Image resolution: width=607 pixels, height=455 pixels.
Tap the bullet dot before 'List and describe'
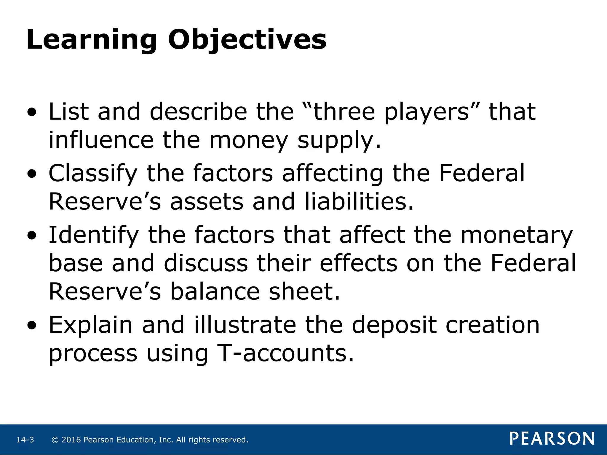(x=32, y=113)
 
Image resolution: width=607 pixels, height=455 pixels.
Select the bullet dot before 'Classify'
(x=32, y=174)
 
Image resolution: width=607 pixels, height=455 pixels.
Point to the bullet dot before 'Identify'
(x=32, y=236)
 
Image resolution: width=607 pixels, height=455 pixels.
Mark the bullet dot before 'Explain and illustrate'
(x=32, y=326)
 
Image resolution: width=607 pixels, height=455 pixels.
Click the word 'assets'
(x=207, y=202)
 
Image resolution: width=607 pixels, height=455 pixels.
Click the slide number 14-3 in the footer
(x=25, y=440)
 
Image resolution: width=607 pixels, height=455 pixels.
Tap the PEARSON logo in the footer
(x=552, y=439)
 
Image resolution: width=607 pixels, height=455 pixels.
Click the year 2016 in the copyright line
(x=71, y=440)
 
